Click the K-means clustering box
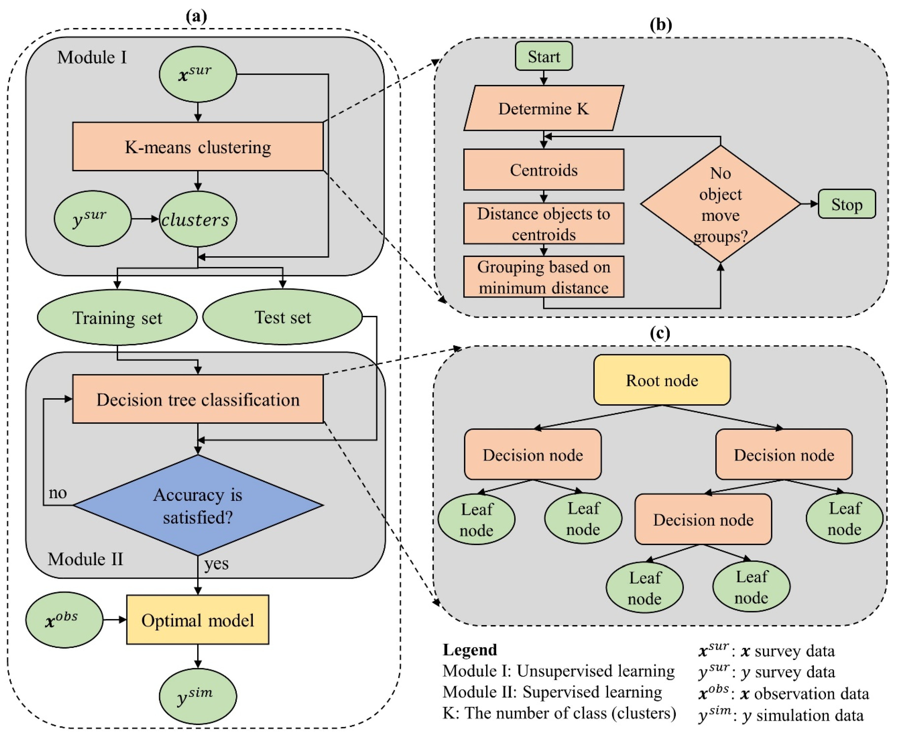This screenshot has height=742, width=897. click(198, 147)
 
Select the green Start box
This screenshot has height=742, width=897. click(543, 56)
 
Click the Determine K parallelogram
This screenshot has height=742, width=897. click(543, 108)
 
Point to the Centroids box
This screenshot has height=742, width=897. click(543, 170)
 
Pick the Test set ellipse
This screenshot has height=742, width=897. click(282, 317)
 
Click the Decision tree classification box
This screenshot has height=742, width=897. click(198, 399)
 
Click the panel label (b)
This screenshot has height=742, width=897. click(660, 25)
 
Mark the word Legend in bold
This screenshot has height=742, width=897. click(470, 650)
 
